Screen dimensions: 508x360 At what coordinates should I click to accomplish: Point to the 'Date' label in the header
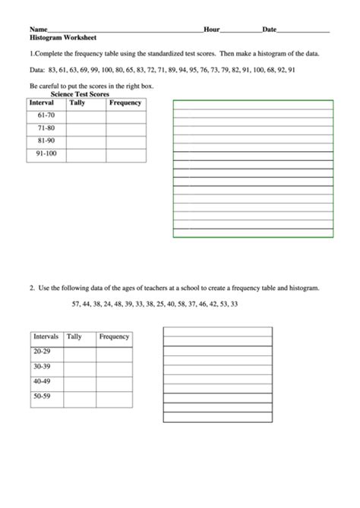click(x=269, y=29)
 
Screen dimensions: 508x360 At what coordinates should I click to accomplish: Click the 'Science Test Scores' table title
click(x=80, y=94)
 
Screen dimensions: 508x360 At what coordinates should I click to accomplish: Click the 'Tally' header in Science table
click(x=77, y=103)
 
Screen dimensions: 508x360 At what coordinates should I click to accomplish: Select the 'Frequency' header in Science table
click(x=125, y=103)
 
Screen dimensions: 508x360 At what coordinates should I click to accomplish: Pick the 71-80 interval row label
click(x=46, y=129)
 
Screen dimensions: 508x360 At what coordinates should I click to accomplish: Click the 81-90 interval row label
click(x=46, y=142)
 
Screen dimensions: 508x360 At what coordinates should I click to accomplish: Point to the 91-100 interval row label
click(x=46, y=155)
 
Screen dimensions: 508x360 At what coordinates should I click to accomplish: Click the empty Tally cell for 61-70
click(x=85, y=116)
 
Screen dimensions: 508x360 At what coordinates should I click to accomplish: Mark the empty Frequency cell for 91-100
click(x=126, y=155)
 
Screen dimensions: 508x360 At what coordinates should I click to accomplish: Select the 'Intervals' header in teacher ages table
click(x=46, y=336)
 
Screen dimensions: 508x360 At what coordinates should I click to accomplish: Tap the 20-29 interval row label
click(x=42, y=352)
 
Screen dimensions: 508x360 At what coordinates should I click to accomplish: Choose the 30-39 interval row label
click(x=42, y=367)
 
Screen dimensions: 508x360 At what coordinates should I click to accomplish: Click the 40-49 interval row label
click(x=42, y=381)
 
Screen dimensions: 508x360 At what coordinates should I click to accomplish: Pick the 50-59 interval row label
click(x=42, y=396)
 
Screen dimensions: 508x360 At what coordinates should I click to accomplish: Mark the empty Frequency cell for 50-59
click(x=114, y=396)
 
